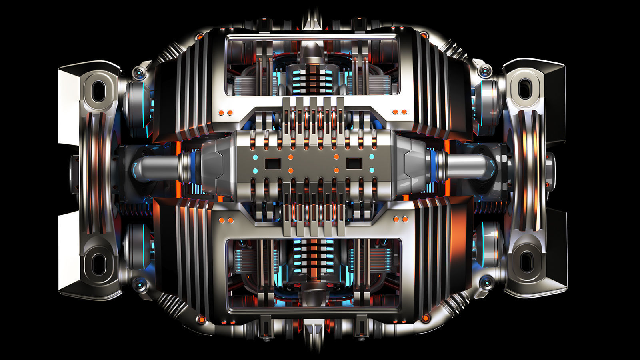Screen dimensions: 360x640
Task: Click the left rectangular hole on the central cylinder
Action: click(273, 164)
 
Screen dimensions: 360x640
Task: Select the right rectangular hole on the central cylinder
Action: click(354, 164)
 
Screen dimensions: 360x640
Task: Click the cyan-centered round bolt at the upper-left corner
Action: click(140, 73)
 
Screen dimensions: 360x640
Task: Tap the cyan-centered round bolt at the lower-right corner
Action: click(486, 283)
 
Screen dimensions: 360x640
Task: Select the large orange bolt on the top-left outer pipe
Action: click(199, 37)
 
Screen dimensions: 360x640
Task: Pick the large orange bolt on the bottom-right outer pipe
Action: click(426, 318)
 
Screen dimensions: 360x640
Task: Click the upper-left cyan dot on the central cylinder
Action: click(254, 157)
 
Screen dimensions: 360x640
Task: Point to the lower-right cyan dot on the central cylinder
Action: click(372, 170)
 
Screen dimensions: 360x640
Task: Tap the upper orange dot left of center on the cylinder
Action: click(291, 157)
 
